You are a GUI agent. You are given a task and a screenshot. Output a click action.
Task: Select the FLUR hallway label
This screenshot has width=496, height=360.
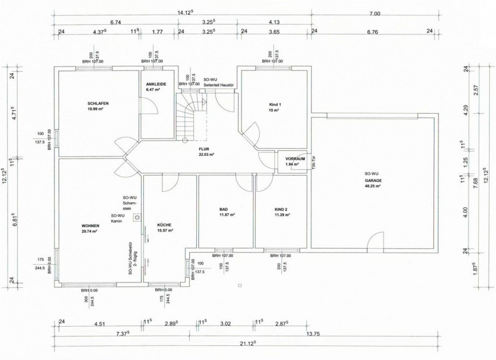[x=203, y=149]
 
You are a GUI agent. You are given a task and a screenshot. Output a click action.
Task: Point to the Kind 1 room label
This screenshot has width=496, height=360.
[x=275, y=104]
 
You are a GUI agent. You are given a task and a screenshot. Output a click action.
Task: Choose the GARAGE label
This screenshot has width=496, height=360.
[x=373, y=180]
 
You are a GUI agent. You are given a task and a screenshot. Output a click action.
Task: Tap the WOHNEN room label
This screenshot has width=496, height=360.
[x=89, y=226]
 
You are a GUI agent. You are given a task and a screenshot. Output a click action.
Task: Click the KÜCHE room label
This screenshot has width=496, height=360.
[x=164, y=225]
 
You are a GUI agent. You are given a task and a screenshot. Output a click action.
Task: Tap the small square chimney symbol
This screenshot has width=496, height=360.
[x=138, y=217]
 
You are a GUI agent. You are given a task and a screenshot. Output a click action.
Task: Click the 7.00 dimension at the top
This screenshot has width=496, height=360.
[x=375, y=14]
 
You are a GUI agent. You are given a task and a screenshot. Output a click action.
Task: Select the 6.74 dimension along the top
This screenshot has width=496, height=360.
[x=115, y=23]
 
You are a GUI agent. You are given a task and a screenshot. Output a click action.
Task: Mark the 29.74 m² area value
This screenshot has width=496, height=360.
[x=89, y=231]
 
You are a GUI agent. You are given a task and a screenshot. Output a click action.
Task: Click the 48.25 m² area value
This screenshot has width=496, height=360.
[x=373, y=186]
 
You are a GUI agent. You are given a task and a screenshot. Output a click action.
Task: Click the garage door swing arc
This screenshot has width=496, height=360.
[x=376, y=239]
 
